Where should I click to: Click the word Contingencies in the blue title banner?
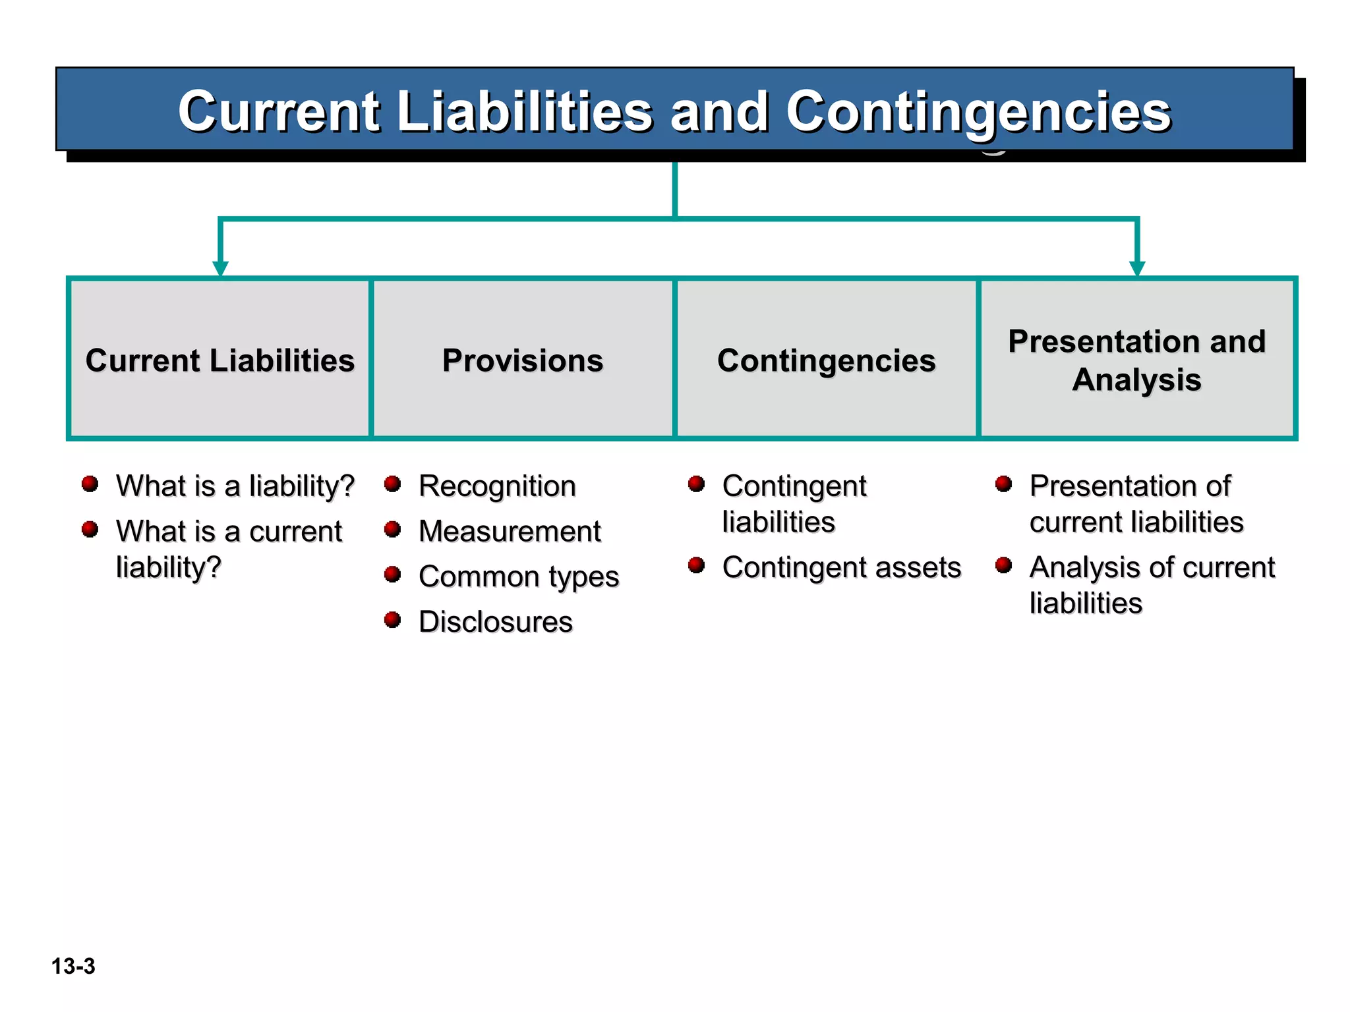point(978,112)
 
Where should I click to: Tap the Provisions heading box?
point(523,360)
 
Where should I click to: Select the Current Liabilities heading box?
point(220,360)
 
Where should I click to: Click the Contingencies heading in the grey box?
point(826,360)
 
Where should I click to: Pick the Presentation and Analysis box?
point(1136,360)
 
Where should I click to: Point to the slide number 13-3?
point(73,966)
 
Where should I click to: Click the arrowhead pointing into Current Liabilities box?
point(220,268)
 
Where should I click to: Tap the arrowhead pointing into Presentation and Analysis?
point(1137,268)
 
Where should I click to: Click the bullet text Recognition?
point(497,486)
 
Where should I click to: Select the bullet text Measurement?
point(510,531)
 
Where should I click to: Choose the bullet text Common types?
point(519,576)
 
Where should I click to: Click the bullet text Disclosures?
point(496,621)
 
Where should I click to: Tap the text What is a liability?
point(235,486)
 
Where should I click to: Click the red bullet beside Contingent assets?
point(696,565)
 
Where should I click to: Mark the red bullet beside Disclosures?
point(393,619)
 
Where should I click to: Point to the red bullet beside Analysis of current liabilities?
point(1003,565)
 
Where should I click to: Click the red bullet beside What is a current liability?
point(90,529)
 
